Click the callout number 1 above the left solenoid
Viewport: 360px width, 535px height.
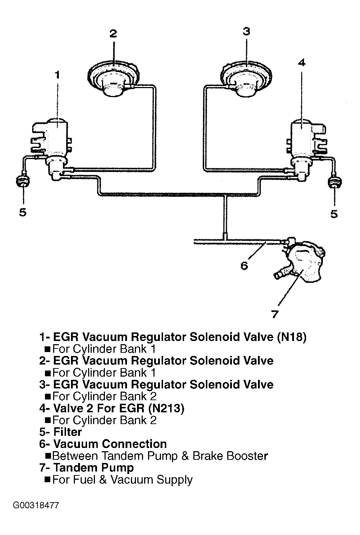[57, 75]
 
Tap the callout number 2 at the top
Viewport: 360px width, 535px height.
[113, 34]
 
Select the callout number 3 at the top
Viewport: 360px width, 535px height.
[246, 32]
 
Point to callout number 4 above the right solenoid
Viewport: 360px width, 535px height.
[301, 63]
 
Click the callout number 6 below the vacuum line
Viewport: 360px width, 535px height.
[244, 266]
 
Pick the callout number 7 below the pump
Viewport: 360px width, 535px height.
[274, 314]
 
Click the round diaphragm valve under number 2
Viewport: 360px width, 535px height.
[113, 78]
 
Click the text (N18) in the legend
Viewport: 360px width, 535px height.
[291, 337]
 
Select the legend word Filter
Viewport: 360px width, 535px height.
[67, 432]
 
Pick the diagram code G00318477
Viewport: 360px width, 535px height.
[36, 506]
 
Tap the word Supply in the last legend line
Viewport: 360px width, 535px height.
[174, 480]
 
